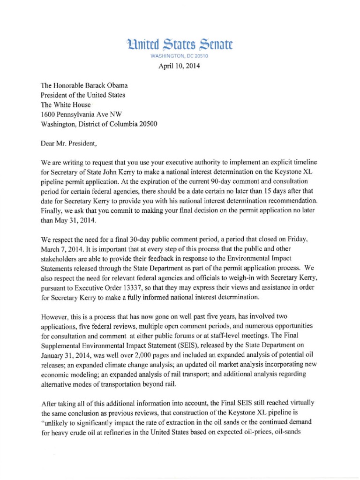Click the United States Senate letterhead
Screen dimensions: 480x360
click(180, 45)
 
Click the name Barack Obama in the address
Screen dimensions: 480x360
click(107, 86)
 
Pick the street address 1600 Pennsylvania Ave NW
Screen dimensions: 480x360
click(84, 115)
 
